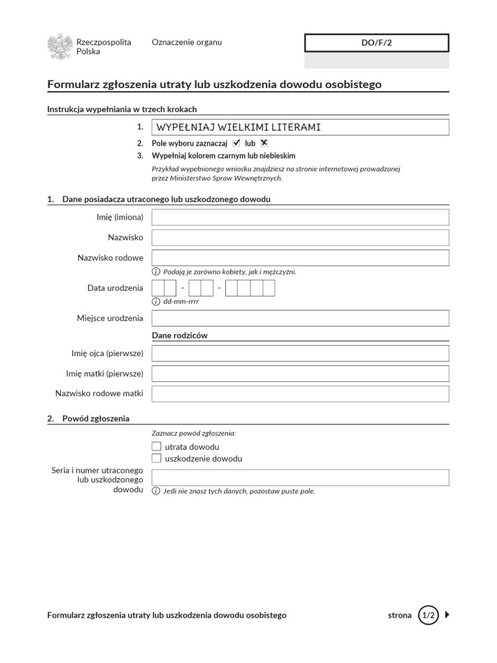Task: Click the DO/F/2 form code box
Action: click(377, 43)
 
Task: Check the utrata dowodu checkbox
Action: click(156, 447)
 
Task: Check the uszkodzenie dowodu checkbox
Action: click(156, 458)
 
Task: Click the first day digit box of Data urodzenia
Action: click(158, 288)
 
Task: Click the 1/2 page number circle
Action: click(428, 615)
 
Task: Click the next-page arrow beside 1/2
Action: click(447, 615)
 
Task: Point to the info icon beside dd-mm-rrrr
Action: click(156, 302)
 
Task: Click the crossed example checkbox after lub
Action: click(264, 143)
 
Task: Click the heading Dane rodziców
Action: click(179, 335)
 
